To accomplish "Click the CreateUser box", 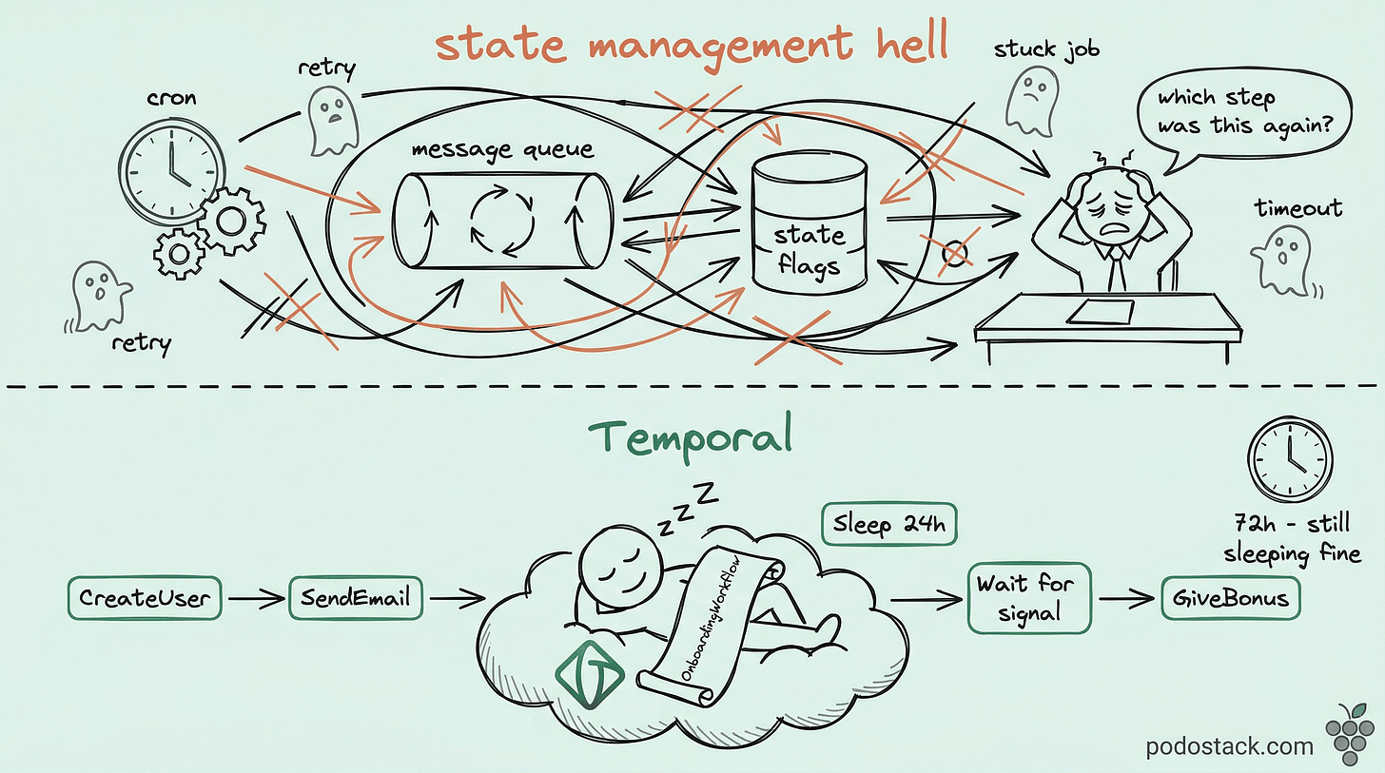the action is pyautogui.click(x=145, y=599).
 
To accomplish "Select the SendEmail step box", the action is pyautogui.click(x=356, y=599).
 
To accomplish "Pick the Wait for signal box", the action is pyautogui.click(x=1028, y=598).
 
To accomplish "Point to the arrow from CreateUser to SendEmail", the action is pyautogui.click(x=255, y=599).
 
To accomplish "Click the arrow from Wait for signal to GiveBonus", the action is pyautogui.click(x=1126, y=599).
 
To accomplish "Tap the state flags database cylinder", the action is pyautogui.click(x=810, y=224).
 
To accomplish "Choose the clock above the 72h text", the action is pyautogui.click(x=1289, y=460).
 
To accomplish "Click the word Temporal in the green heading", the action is pyautogui.click(x=690, y=436).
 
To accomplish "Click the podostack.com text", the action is pyautogui.click(x=1229, y=745).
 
